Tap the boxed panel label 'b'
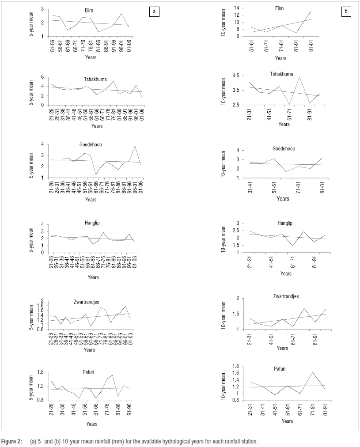click(345, 12)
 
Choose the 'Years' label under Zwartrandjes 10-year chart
click(282, 348)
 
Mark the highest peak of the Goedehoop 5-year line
click(134, 146)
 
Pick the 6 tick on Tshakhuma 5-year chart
click(43, 77)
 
